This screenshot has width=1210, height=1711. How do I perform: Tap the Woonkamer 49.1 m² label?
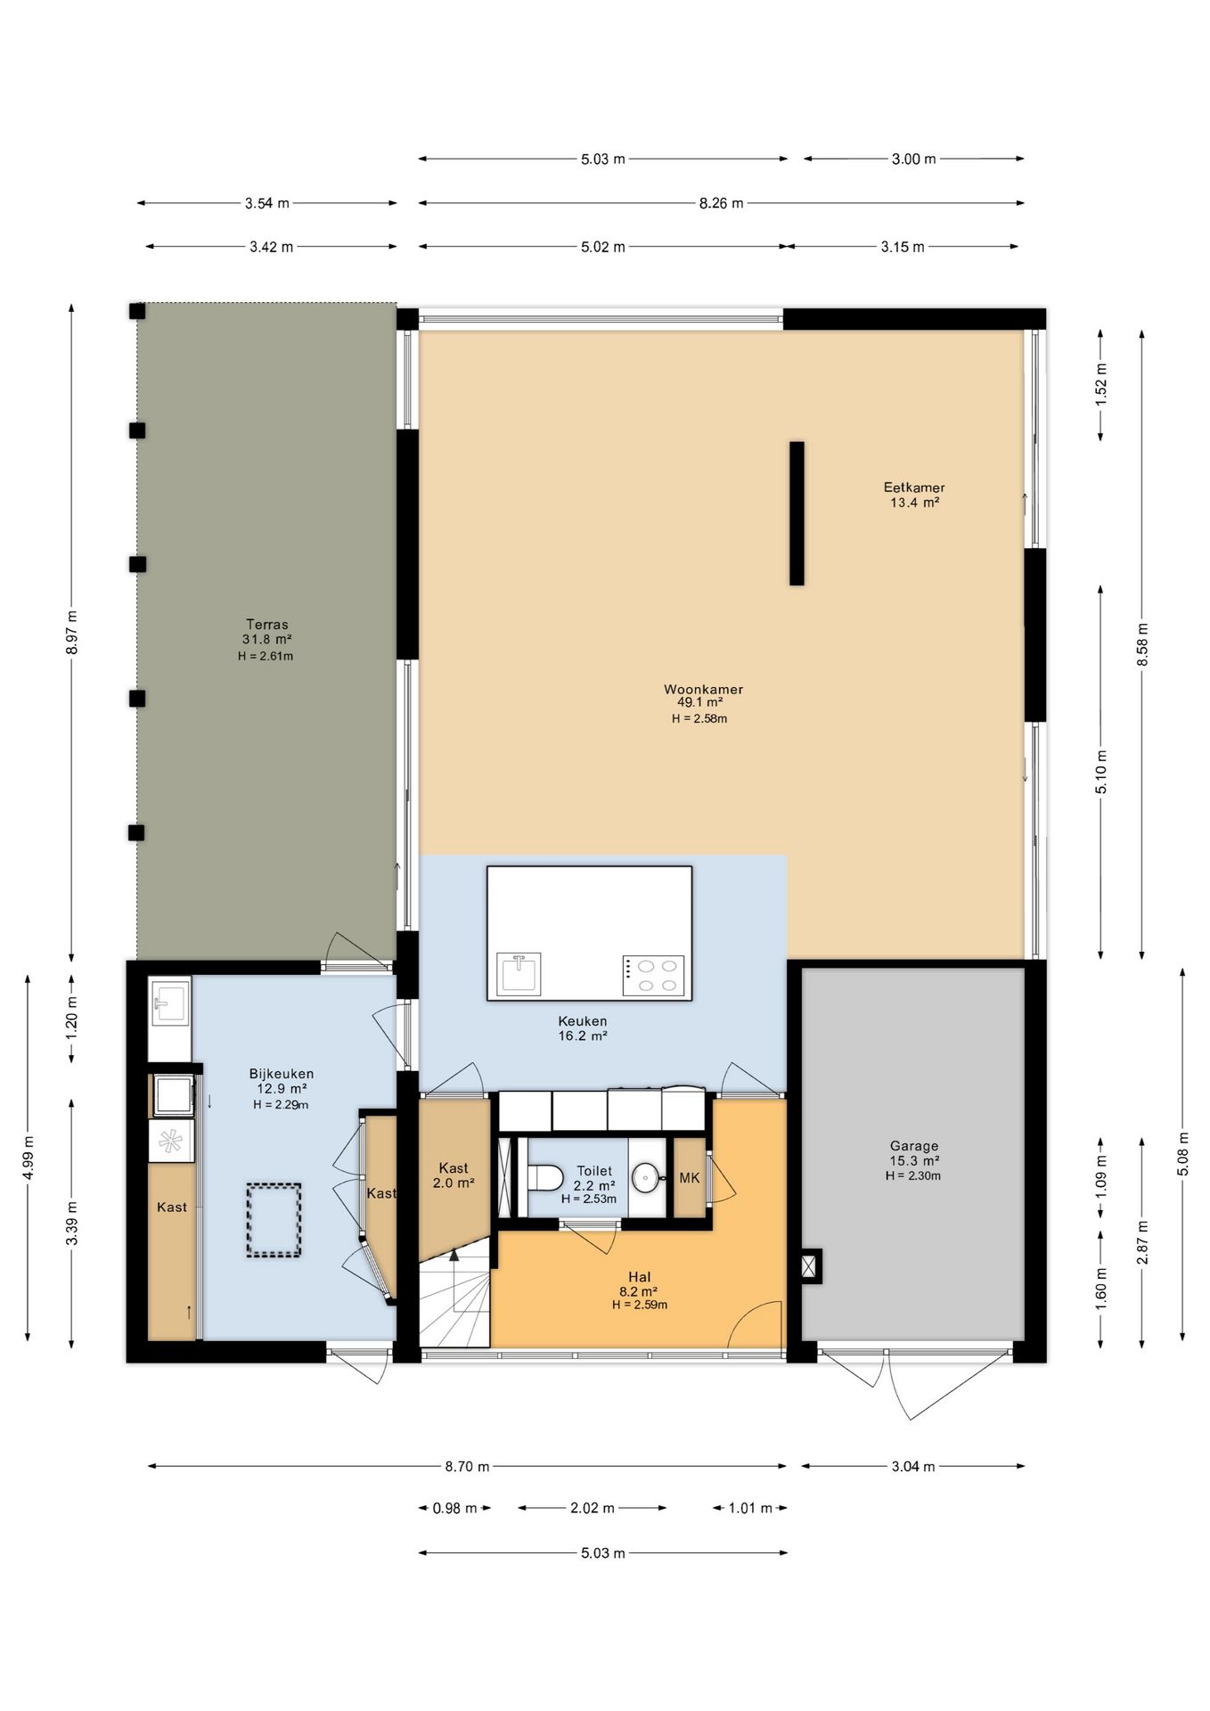click(x=702, y=696)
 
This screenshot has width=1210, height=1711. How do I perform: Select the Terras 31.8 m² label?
click(x=266, y=632)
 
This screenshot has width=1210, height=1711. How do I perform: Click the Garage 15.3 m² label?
click(x=913, y=1153)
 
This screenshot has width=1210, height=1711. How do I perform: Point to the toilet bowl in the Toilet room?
click(x=544, y=1177)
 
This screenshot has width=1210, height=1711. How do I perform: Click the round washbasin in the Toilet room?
click(x=646, y=1177)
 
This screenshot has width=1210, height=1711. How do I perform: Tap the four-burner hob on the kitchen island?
click(x=653, y=975)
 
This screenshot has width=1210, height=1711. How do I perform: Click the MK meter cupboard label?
click(x=690, y=1178)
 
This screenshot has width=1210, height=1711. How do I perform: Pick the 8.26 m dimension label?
click(x=721, y=203)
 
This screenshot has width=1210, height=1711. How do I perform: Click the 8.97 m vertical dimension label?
click(x=72, y=633)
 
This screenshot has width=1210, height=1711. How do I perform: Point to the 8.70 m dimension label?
click(x=467, y=1466)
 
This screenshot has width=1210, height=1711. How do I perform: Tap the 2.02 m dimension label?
click(x=593, y=1508)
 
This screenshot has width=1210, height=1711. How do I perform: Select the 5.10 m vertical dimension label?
click(x=1101, y=773)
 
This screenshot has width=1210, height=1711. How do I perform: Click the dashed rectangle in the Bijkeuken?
click(x=274, y=1220)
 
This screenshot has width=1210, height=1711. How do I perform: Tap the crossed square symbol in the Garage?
click(x=810, y=1265)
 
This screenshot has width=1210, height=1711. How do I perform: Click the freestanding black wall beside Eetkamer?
click(x=797, y=513)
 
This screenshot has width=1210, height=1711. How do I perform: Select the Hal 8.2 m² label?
click(x=639, y=1284)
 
